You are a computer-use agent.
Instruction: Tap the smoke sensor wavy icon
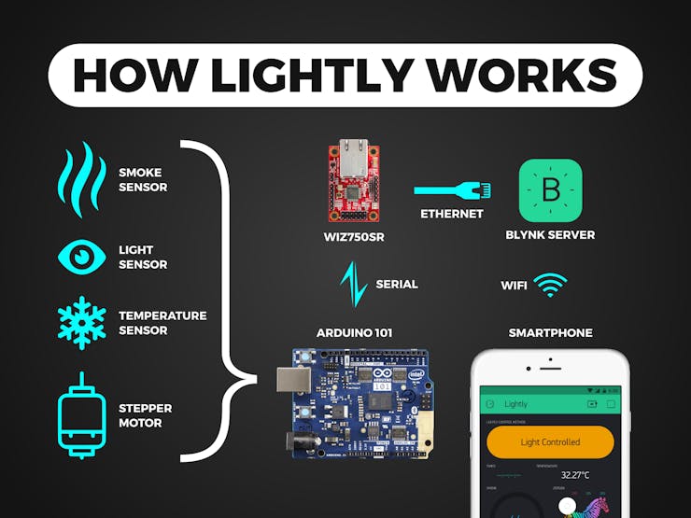tap(81, 179)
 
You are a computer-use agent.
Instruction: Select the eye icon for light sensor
tap(81, 257)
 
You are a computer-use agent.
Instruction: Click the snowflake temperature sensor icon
tap(81, 323)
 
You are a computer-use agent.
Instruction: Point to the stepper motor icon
tap(81, 415)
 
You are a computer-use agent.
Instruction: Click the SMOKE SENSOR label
tap(143, 179)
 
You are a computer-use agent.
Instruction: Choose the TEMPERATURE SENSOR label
tap(162, 323)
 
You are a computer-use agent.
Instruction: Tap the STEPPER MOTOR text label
tap(145, 415)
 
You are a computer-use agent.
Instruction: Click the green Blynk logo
tap(550, 189)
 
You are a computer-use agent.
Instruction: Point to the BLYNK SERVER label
tap(550, 234)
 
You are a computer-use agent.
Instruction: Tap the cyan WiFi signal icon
tap(549, 284)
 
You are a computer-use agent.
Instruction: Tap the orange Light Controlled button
tap(549, 441)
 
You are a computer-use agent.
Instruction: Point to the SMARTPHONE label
tap(550, 333)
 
